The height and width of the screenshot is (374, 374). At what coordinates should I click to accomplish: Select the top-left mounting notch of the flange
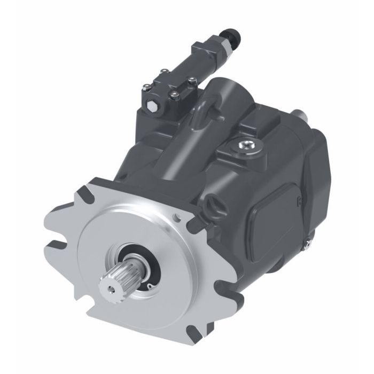pyautogui.click(x=87, y=191)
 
